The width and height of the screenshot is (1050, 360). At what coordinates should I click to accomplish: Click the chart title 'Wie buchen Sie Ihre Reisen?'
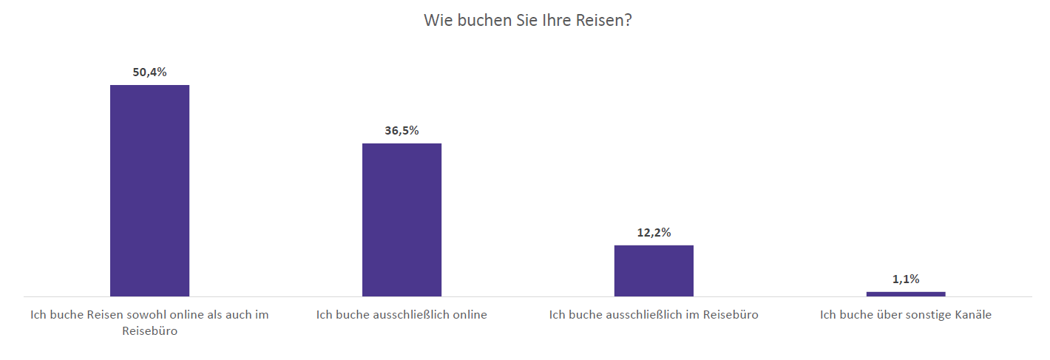528,20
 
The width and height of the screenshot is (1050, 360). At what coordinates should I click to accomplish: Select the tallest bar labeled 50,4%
149,191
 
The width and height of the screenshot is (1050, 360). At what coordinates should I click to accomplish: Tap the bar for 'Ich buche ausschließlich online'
402,220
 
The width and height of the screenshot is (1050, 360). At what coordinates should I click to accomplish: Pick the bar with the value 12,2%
654,271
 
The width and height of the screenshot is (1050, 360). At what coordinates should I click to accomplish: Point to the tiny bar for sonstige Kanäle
906,293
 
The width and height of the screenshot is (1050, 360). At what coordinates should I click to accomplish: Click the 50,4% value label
149,72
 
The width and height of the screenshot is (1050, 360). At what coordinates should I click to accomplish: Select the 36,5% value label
402,131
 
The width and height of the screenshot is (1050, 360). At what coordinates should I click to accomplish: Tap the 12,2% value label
654,232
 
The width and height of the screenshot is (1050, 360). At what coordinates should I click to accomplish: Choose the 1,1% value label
906,279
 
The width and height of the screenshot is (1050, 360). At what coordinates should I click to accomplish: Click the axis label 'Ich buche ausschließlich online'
402,315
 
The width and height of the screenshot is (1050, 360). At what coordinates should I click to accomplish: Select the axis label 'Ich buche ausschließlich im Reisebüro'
654,315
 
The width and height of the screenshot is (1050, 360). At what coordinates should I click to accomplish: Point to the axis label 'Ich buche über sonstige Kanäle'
906,315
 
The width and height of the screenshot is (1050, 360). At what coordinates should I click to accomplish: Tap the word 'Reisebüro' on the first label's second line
149,331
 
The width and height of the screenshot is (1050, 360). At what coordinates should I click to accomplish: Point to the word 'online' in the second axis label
469,315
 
